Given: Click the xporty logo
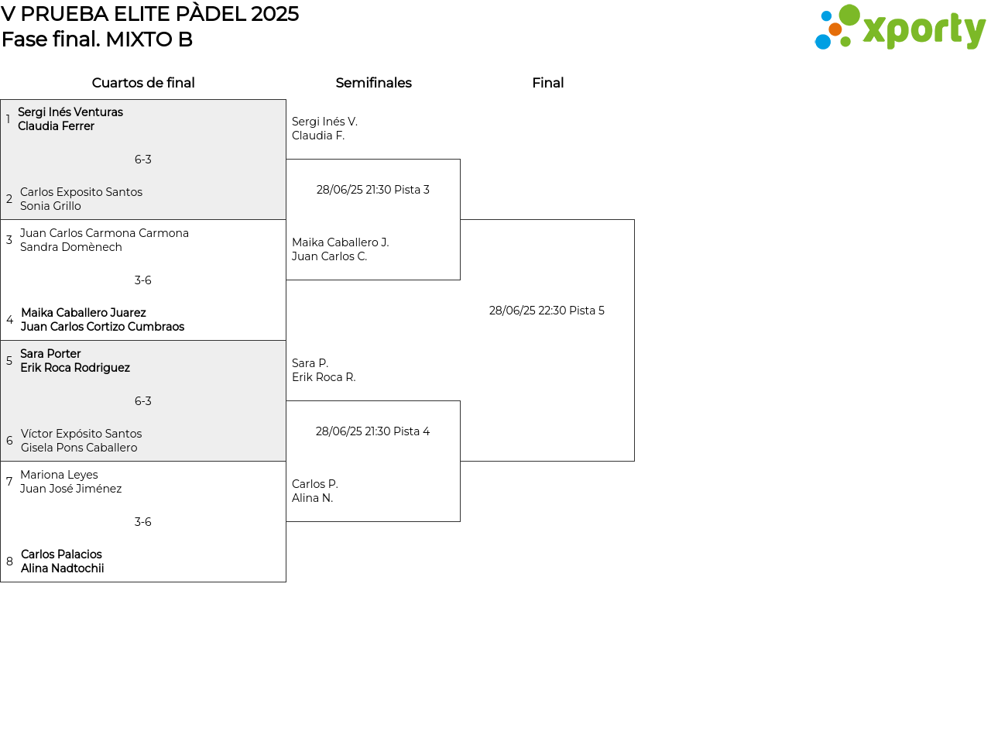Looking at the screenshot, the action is [x=900, y=27].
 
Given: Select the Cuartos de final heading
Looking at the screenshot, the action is [x=143, y=83].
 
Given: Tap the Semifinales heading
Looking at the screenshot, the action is [x=373, y=83].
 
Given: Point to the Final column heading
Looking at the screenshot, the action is [x=548, y=83].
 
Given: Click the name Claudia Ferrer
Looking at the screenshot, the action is [x=57, y=126].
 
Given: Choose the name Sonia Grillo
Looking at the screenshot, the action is [x=50, y=206].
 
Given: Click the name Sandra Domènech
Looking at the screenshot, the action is [x=71, y=247].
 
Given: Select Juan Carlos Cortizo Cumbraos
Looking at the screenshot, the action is [x=102, y=326].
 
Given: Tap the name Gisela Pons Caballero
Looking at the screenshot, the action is [x=79, y=448].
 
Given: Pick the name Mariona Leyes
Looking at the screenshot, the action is [x=59, y=475].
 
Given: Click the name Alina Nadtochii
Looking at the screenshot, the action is [x=62, y=568].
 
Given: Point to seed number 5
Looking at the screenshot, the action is [x=9, y=361].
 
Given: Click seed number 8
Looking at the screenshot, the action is [x=9, y=561].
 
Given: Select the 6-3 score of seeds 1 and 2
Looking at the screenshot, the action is [x=143, y=160].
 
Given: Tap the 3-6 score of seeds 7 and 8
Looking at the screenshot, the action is [x=143, y=522].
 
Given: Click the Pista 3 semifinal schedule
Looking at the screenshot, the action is [x=373, y=190].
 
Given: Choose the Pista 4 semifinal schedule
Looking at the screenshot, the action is [x=372, y=431].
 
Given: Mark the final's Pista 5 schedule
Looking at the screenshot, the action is [x=547, y=311].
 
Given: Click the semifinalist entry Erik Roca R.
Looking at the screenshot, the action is [x=324, y=377].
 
